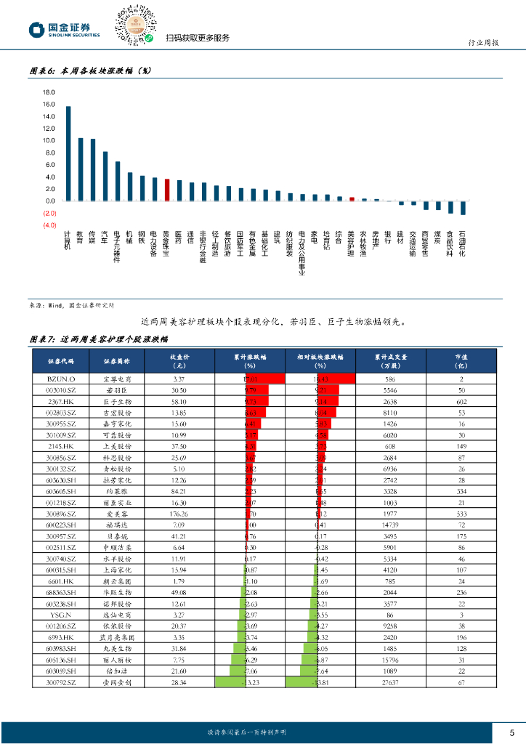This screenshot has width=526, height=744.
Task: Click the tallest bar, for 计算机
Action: [x=68, y=153]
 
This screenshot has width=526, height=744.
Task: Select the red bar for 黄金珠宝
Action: [x=167, y=190]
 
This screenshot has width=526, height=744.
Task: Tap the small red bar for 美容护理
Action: [x=352, y=199]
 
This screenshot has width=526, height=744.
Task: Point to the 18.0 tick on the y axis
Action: [x=49, y=92]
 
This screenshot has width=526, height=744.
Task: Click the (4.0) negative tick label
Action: [x=49, y=225]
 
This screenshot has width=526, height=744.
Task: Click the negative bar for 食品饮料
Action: [x=450, y=207]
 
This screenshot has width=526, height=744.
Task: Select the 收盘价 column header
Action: [x=179, y=361]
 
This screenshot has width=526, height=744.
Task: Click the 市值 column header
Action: [x=461, y=361]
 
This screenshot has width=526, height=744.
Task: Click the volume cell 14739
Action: [x=390, y=525]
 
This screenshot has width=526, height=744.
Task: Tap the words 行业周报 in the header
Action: [x=482, y=44]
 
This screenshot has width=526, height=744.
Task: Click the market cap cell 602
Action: [x=461, y=401]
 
